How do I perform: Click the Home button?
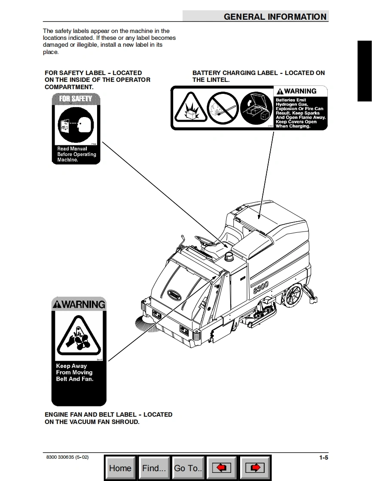click(120, 468)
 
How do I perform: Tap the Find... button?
click(154, 468)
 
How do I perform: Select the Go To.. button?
click(188, 468)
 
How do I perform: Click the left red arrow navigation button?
click(222, 468)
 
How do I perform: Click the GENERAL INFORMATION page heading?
click(275, 17)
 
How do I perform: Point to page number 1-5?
click(323, 457)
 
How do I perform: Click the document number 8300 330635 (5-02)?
click(67, 457)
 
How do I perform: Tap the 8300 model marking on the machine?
click(261, 286)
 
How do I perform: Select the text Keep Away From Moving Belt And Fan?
click(74, 373)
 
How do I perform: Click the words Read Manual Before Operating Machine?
click(76, 154)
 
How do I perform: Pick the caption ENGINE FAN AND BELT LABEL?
click(108, 418)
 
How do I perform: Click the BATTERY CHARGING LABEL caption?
click(258, 76)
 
